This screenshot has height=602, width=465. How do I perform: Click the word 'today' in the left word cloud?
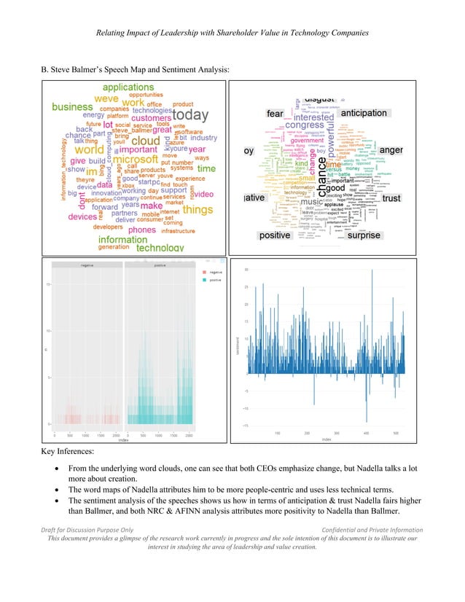pyautogui.click(x=190, y=116)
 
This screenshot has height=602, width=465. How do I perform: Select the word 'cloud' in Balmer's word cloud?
pyautogui.click(x=145, y=141)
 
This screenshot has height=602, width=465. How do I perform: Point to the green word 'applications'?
pyautogui.click(x=128, y=87)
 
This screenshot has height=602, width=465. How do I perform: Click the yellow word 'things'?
pyautogui.click(x=198, y=210)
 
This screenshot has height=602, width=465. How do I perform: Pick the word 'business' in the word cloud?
pyautogui.click(x=72, y=106)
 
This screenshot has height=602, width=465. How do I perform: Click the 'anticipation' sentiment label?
pyautogui.click(x=364, y=114)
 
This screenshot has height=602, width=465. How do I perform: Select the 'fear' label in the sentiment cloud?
pyautogui.click(x=275, y=114)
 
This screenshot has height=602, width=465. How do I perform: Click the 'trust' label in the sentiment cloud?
pyautogui.click(x=391, y=198)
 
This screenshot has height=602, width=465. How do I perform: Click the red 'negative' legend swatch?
pyautogui.click(x=204, y=271)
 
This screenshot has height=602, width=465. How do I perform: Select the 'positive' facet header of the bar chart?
pyautogui.click(x=157, y=265)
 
